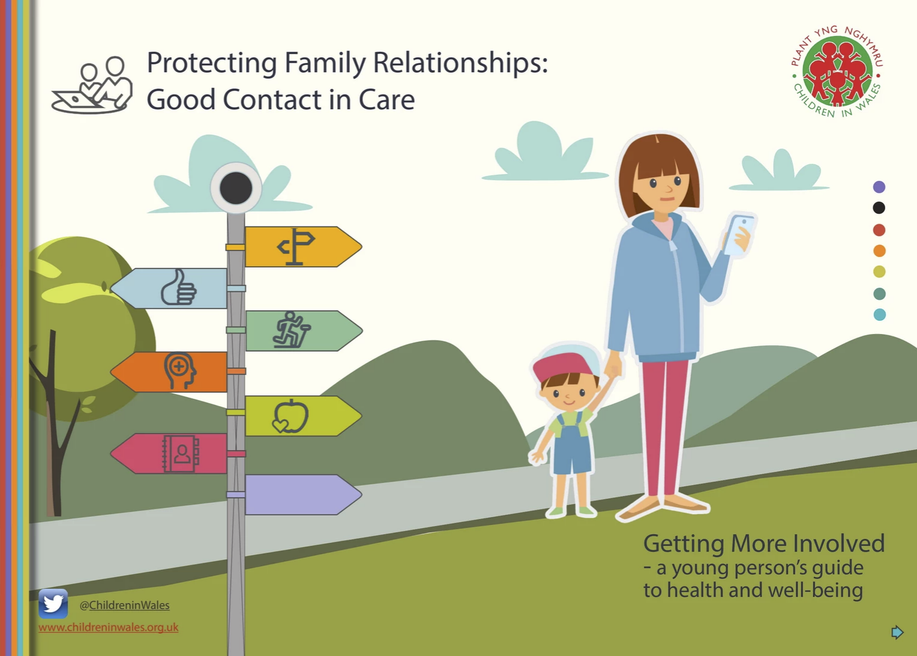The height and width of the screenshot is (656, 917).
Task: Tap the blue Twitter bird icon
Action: (53, 604)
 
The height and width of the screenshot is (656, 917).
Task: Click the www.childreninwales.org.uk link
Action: (109, 627)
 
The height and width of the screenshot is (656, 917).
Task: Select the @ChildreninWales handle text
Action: (124, 605)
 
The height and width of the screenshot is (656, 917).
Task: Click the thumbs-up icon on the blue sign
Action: (178, 287)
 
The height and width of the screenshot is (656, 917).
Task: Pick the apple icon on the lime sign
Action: (290, 416)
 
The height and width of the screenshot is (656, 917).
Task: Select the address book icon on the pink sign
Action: (181, 454)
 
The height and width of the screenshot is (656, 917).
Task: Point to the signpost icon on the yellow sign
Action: (296, 246)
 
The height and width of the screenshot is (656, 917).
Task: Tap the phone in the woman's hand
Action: (739, 235)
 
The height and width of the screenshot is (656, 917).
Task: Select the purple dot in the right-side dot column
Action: (879, 187)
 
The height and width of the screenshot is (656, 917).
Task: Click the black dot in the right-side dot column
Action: (879, 208)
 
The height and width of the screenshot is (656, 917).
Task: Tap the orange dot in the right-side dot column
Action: (879, 251)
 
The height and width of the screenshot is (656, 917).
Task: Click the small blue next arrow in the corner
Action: (897, 632)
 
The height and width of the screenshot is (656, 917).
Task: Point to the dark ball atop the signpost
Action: (236, 188)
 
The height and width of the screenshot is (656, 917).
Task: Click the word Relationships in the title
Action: (460, 64)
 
